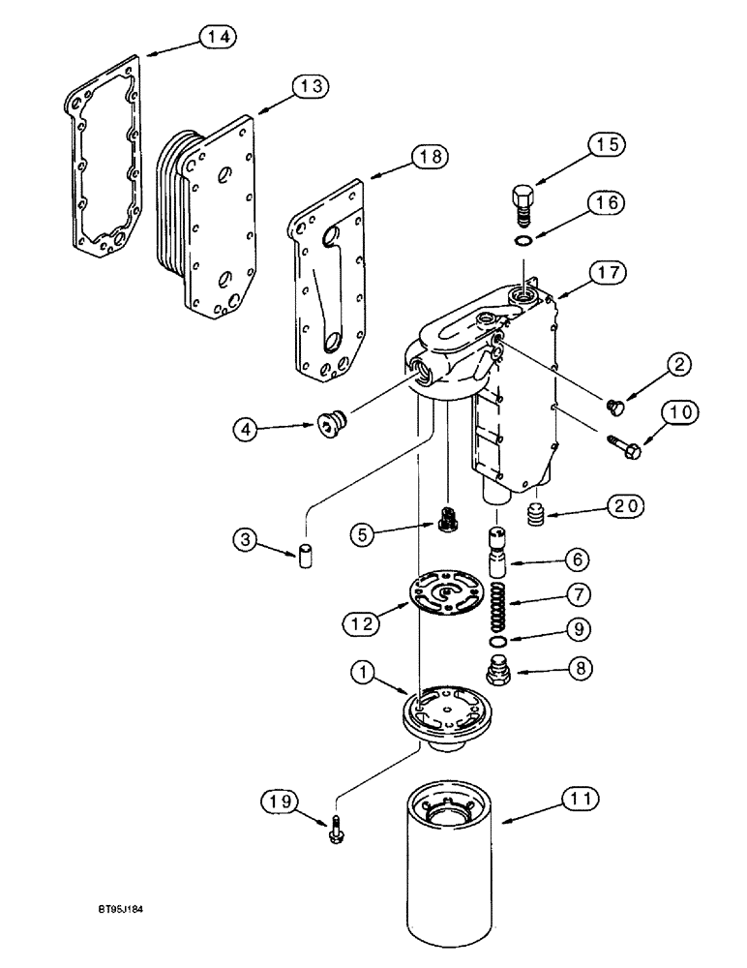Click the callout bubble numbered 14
218,37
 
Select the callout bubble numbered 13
311,86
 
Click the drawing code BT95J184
123,936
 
